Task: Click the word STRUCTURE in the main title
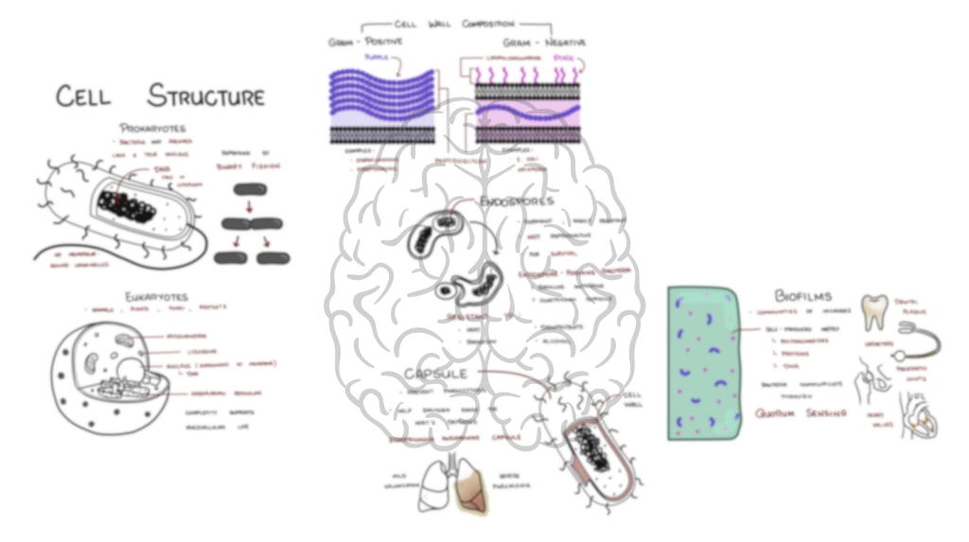[x=206, y=96]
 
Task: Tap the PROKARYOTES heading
[x=151, y=127]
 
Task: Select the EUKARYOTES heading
[x=156, y=297]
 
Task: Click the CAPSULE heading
[x=436, y=373]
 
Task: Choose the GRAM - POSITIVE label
[x=365, y=43]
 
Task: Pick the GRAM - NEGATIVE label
[x=544, y=43]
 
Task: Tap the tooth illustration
[x=874, y=312]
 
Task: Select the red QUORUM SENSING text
[x=801, y=413]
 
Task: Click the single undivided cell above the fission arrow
[x=252, y=189]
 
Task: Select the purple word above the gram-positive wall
[x=377, y=58]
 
